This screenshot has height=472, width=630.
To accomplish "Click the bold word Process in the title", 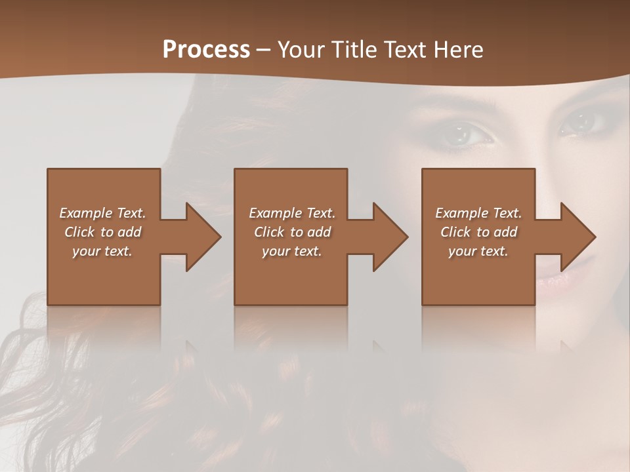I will [x=206, y=50].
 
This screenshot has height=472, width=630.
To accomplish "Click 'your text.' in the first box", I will [x=102, y=251].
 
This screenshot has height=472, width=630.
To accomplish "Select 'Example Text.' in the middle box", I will [x=292, y=213].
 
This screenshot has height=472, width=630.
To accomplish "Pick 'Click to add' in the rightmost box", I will [x=479, y=232].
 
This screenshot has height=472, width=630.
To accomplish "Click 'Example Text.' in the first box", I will [x=102, y=213].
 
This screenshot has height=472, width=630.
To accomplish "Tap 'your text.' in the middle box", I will [x=292, y=251].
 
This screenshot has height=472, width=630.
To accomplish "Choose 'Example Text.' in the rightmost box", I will [x=478, y=213].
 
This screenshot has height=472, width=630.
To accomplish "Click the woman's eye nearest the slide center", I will [x=467, y=134].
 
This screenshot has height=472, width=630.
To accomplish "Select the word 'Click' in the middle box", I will [x=268, y=232].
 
